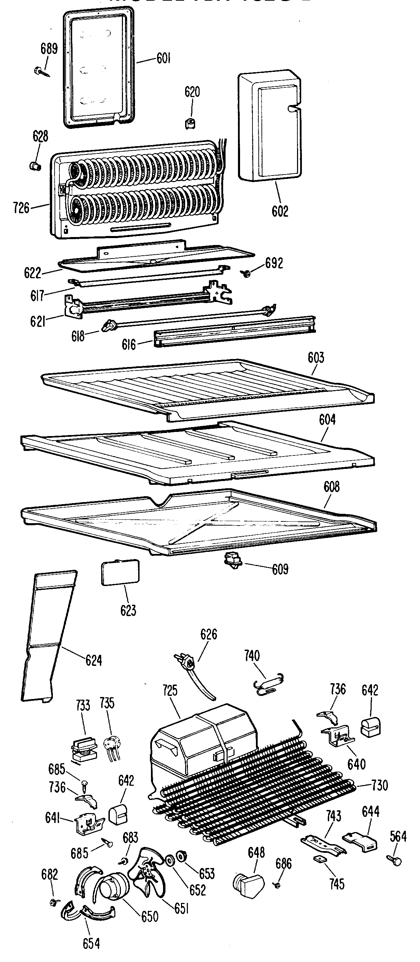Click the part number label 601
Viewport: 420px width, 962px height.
[x=163, y=58]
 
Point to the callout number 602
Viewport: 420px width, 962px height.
[x=280, y=211]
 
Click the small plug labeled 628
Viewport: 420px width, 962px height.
[x=35, y=166]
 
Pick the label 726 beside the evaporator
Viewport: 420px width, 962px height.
[x=21, y=208]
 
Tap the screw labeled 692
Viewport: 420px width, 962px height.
[x=246, y=273]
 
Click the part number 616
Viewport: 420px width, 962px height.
[x=128, y=344]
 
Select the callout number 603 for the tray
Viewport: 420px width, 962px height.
[x=316, y=358]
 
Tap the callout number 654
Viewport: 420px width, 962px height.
[x=91, y=943]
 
